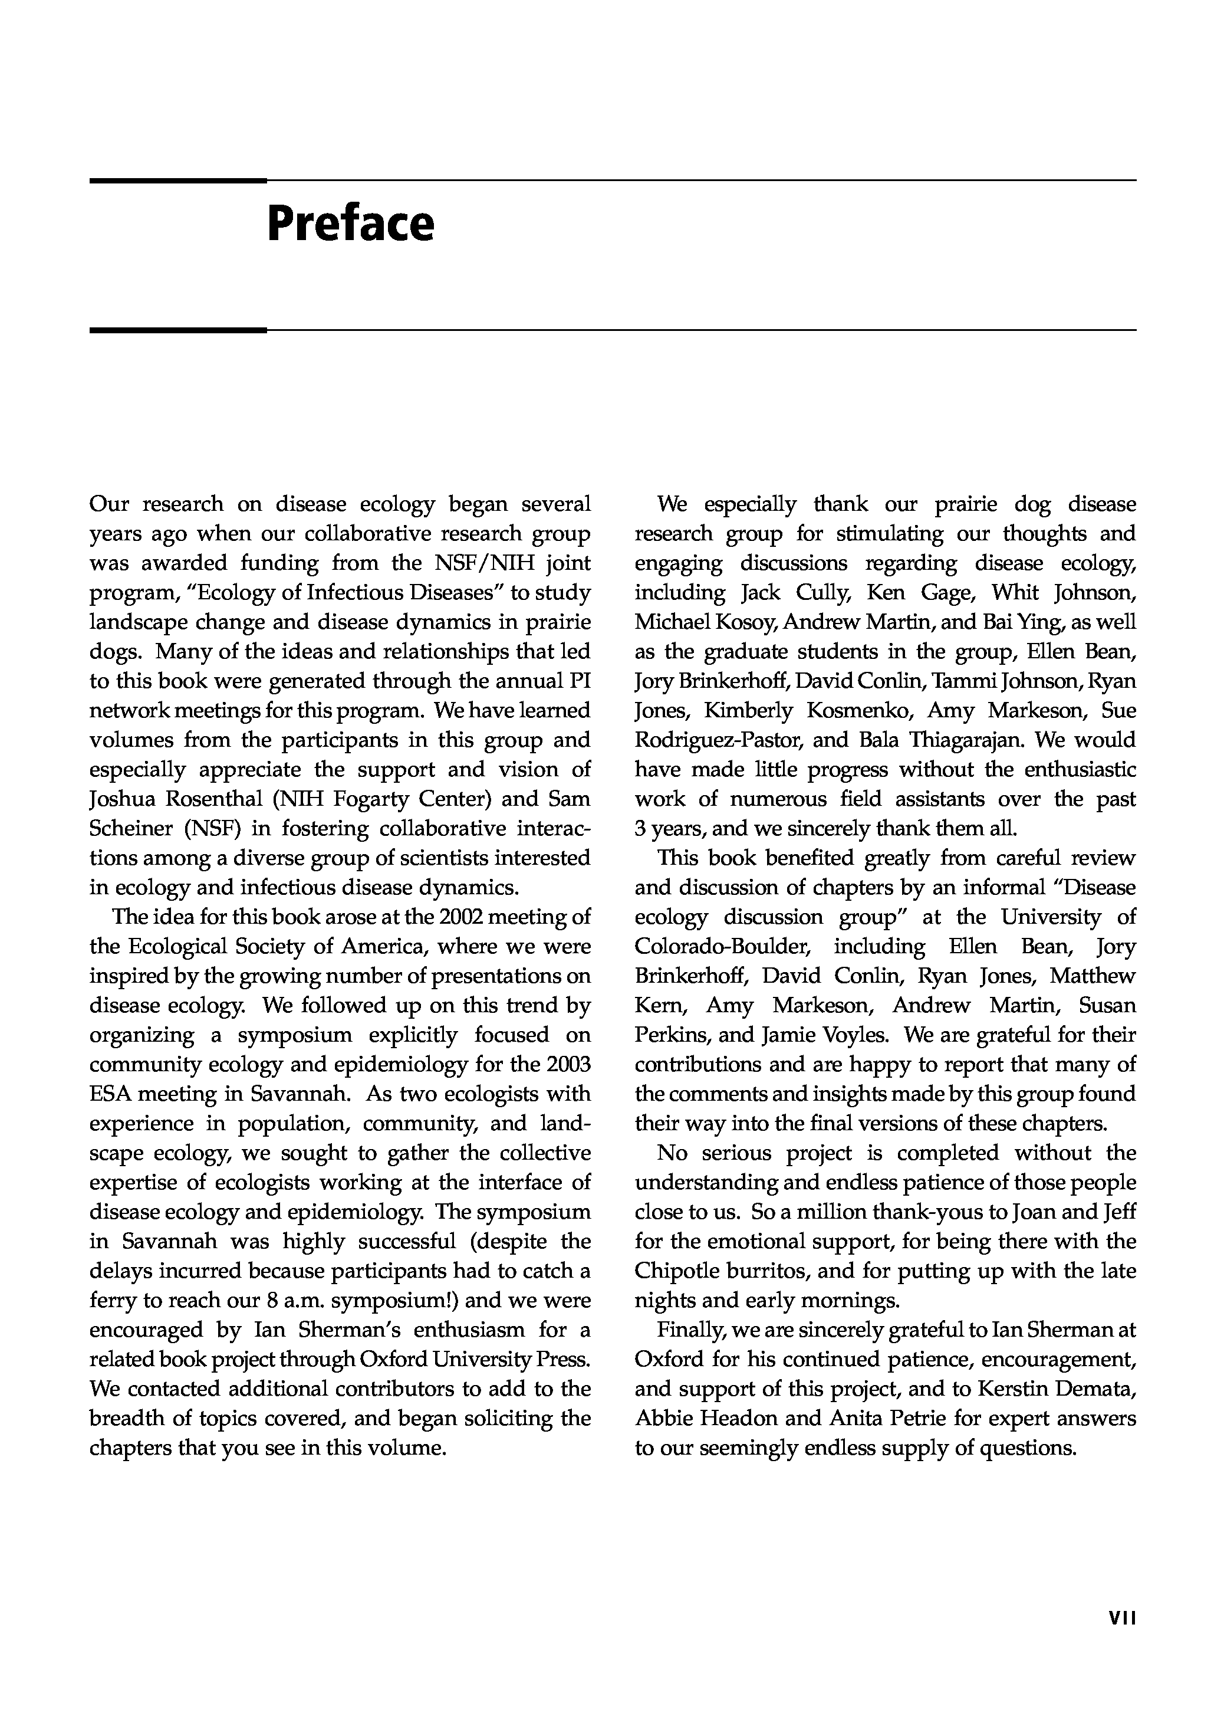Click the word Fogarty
[x=374, y=799]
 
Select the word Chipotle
[x=680, y=1272]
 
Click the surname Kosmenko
[x=859, y=711]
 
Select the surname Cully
[x=823, y=593]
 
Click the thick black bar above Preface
[x=178, y=181]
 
